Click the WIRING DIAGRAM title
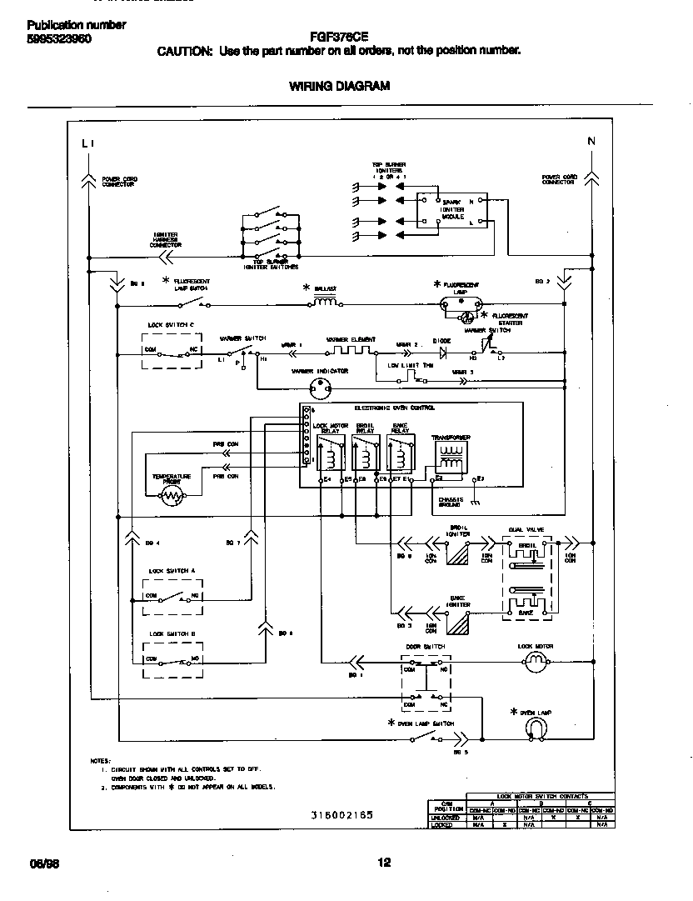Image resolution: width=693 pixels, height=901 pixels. pyautogui.click(x=339, y=86)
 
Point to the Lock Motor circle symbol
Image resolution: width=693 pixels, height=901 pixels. pyautogui.click(x=536, y=663)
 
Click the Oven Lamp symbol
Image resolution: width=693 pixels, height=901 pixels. pyautogui.click(x=536, y=728)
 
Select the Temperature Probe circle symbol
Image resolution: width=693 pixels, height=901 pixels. pyautogui.click(x=172, y=496)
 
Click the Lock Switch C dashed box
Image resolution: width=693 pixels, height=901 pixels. pyautogui.click(x=170, y=350)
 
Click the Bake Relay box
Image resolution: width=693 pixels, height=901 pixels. pyautogui.click(x=399, y=458)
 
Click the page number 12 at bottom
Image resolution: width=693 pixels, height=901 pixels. pyautogui.click(x=383, y=863)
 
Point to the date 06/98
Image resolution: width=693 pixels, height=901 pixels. pyautogui.click(x=40, y=863)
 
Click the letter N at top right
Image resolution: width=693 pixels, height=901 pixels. pyautogui.click(x=591, y=141)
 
